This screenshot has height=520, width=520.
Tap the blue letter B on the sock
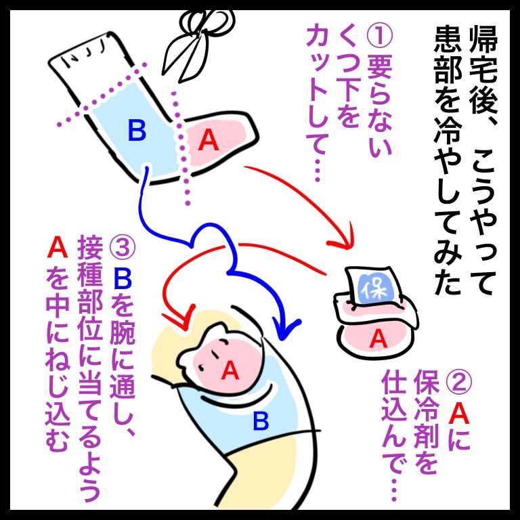pyautogui.click(x=137, y=130)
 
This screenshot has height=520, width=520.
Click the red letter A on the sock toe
pyautogui.click(x=208, y=139)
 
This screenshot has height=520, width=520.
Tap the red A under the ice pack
pyautogui.click(x=378, y=339)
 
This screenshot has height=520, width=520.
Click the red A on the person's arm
pyautogui.click(x=230, y=370)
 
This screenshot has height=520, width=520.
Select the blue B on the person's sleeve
pyautogui.click(x=260, y=422)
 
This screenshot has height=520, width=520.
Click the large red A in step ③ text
pyautogui.click(x=57, y=248)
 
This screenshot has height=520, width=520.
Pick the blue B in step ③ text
pyautogui.click(x=123, y=278)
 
